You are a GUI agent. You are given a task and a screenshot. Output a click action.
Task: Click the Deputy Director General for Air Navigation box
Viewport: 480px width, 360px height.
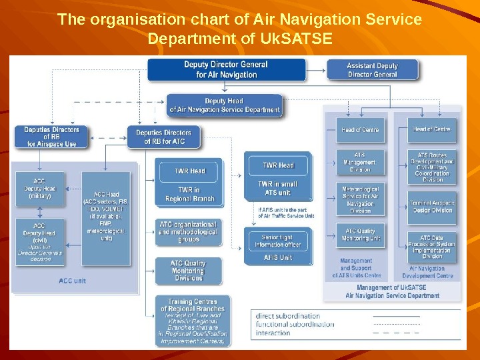click(x=226, y=69)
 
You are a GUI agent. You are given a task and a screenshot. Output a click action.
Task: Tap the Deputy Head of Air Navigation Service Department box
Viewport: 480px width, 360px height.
click(x=225, y=105)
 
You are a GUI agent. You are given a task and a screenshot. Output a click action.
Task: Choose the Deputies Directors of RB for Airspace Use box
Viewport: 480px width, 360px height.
click(x=51, y=137)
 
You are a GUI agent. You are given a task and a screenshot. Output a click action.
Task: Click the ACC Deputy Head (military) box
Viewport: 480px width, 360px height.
click(x=40, y=188)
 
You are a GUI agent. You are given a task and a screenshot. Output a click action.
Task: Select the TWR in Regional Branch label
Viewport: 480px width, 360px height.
click(x=190, y=194)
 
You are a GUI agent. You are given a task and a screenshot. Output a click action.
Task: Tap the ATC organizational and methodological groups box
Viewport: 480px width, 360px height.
click(x=188, y=231)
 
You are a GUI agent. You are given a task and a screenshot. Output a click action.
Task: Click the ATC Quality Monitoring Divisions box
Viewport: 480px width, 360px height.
click(x=188, y=271)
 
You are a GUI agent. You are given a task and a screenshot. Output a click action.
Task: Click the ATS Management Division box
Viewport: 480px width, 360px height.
click(x=359, y=161)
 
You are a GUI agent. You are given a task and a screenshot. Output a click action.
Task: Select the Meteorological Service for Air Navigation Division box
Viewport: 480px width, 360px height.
click(x=359, y=199)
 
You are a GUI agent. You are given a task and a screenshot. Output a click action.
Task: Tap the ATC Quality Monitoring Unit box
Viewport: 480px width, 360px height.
click(x=359, y=234)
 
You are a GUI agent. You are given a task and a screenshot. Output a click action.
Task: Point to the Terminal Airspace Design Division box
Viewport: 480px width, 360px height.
click(x=432, y=206)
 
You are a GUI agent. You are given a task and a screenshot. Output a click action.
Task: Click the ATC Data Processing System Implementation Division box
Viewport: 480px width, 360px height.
click(x=432, y=246)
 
